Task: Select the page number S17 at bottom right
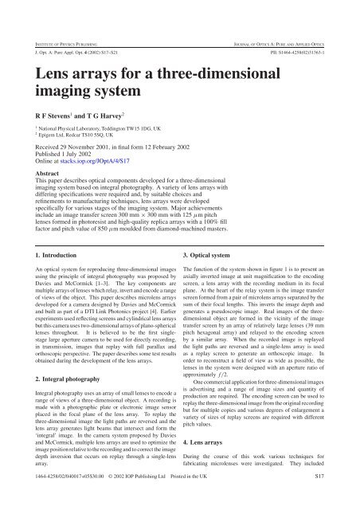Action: point(340,498)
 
